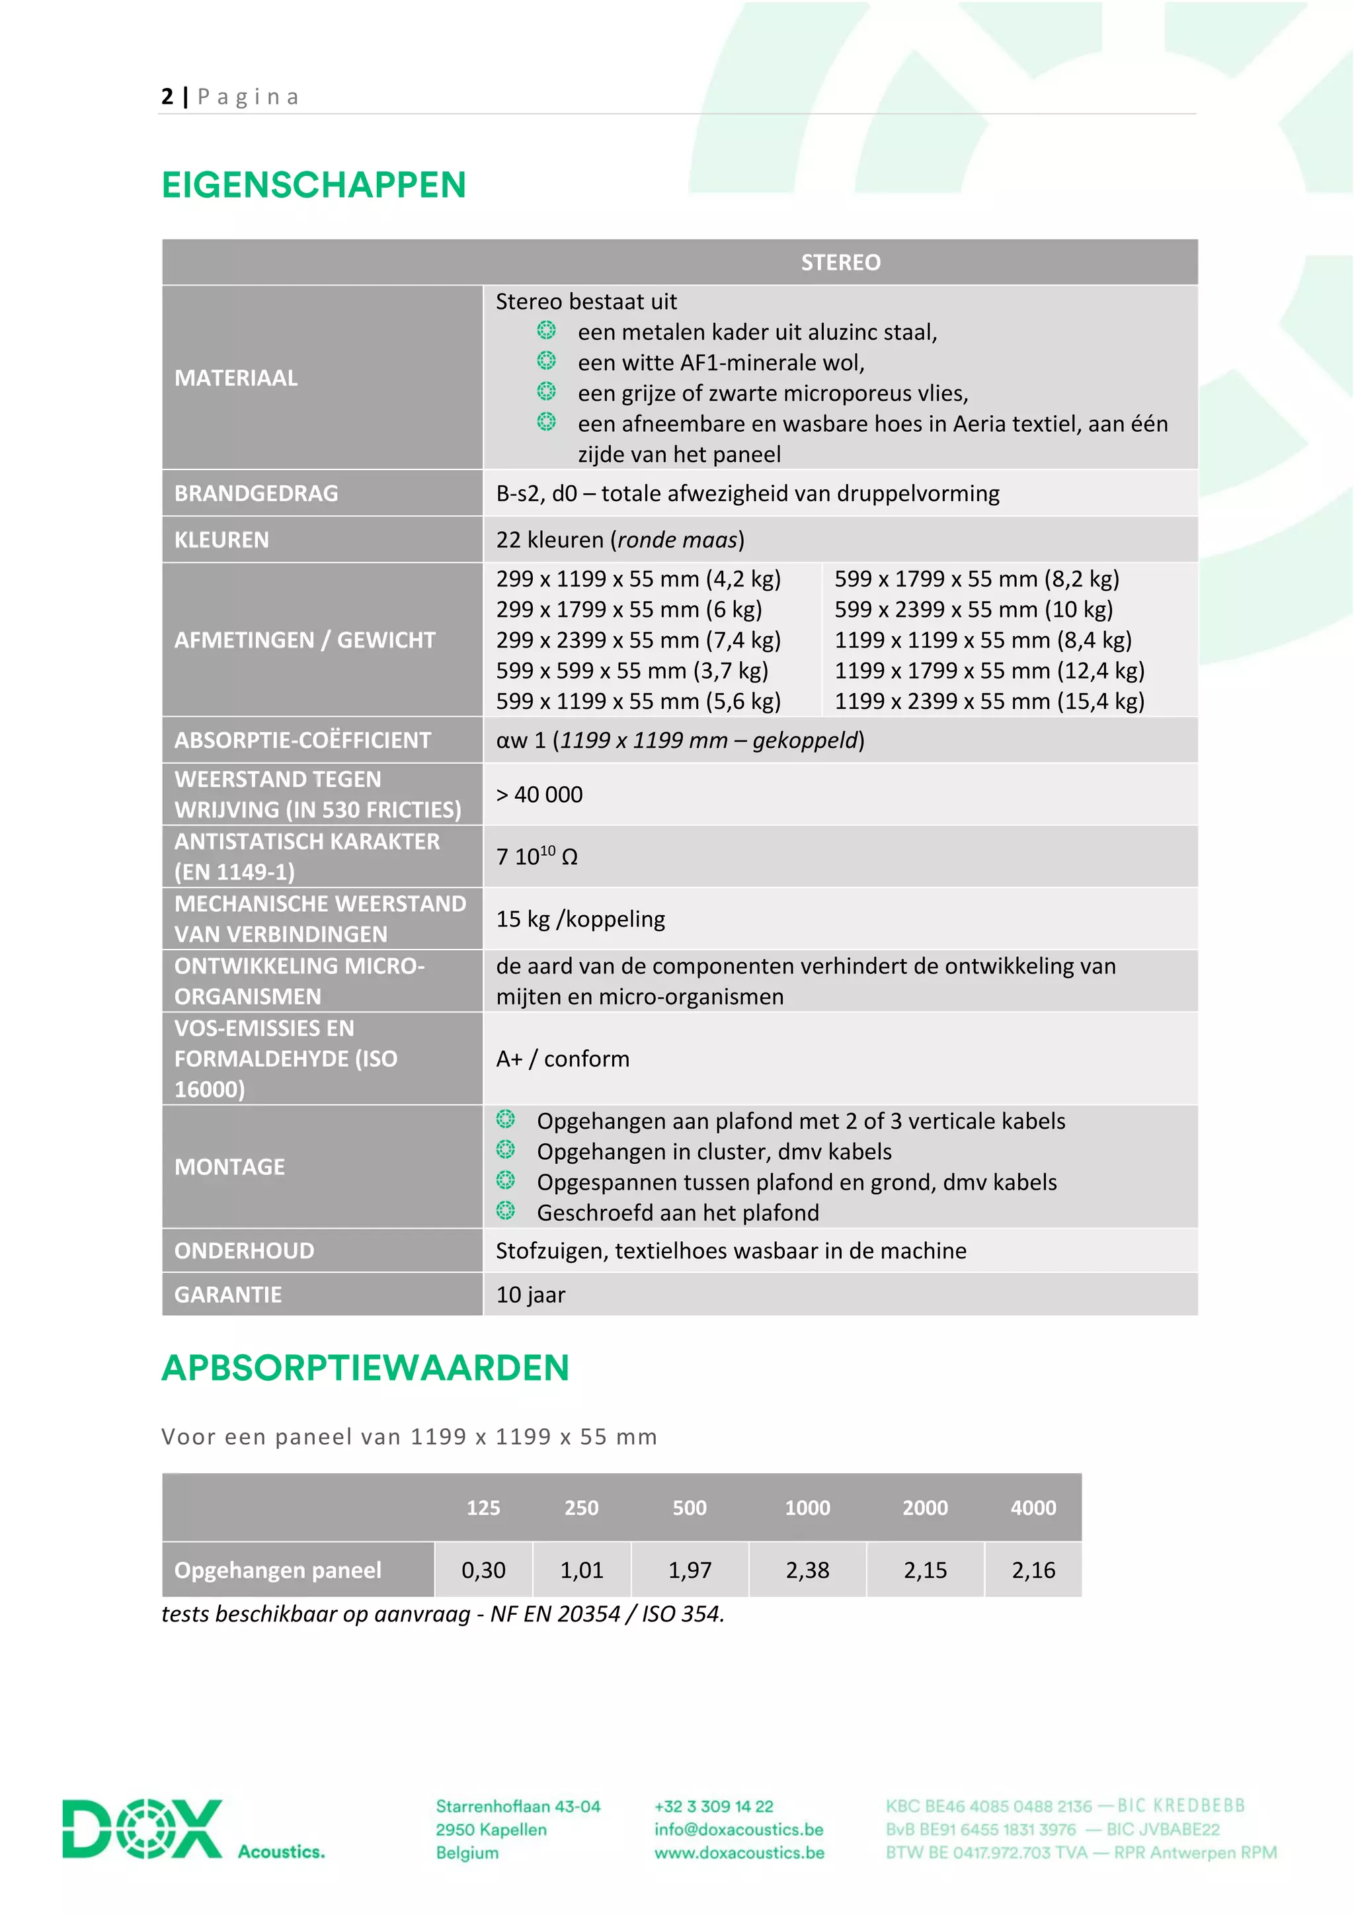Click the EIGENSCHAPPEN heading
click(313, 185)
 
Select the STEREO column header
click(840, 263)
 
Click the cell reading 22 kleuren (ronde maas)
click(619, 540)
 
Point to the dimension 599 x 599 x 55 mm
click(631, 671)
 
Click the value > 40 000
click(539, 794)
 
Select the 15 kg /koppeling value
click(580, 918)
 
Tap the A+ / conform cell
click(562, 1059)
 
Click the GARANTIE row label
click(227, 1295)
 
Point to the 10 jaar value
click(530, 1295)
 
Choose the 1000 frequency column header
click(807, 1508)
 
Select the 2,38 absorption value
click(807, 1570)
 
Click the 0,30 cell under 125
click(483, 1570)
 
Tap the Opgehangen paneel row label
click(278, 1570)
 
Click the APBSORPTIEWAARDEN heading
click(365, 1368)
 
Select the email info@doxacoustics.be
click(738, 1829)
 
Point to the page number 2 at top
click(167, 97)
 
